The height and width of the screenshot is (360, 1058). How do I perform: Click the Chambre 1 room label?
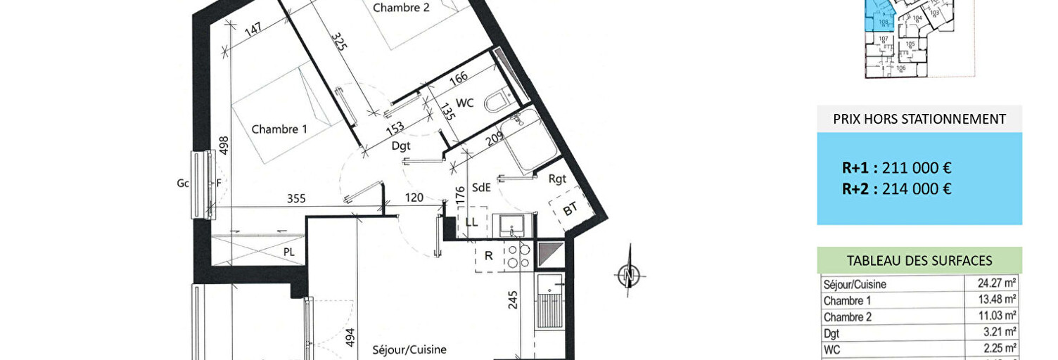(279, 129)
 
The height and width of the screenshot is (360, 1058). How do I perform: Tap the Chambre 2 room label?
(401, 8)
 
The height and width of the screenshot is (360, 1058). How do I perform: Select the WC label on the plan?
(464, 103)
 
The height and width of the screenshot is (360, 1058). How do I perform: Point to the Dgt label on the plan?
(400, 146)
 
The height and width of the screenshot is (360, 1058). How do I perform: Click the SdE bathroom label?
(481, 187)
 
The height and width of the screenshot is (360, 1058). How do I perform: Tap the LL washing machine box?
(471, 222)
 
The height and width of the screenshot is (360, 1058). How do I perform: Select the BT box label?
(571, 210)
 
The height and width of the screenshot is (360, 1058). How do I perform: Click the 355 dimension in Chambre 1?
(296, 199)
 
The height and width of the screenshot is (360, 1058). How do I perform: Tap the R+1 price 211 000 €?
(896, 168)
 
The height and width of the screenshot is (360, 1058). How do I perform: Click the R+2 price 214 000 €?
(896, 188)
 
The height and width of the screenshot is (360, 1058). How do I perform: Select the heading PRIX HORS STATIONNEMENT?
(919, 119)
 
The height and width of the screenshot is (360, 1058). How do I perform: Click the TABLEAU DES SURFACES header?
(919, 261)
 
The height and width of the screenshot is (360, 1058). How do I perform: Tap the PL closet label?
(288, 251)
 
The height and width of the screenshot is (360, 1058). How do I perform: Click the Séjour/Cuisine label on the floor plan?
(409, 349)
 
